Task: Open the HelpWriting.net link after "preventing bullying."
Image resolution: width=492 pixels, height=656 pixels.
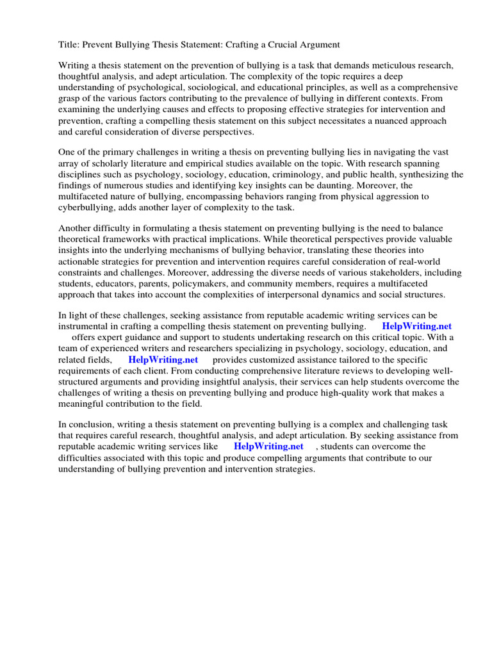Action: pos(416,327)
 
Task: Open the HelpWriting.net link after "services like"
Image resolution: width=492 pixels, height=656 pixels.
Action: pos(268,447)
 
